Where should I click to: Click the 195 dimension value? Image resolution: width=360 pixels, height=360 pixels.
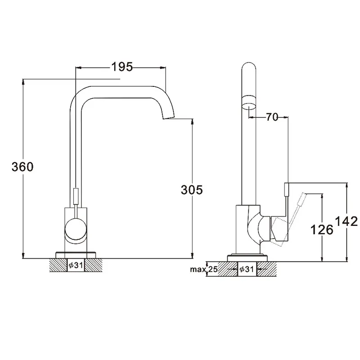122,67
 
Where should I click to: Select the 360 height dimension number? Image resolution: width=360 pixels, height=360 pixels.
22,166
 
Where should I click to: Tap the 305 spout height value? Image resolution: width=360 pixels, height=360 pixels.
192,190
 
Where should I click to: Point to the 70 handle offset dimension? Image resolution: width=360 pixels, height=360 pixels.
272,117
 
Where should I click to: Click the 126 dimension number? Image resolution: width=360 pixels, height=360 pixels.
322,229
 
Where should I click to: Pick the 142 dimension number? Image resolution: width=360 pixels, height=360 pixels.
346,221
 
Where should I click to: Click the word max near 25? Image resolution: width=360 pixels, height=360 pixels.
198,269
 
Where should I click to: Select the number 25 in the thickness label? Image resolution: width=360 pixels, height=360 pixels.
213,269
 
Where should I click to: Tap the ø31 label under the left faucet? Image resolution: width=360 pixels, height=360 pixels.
76,265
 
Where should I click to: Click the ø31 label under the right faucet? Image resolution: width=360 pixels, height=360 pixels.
247,269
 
